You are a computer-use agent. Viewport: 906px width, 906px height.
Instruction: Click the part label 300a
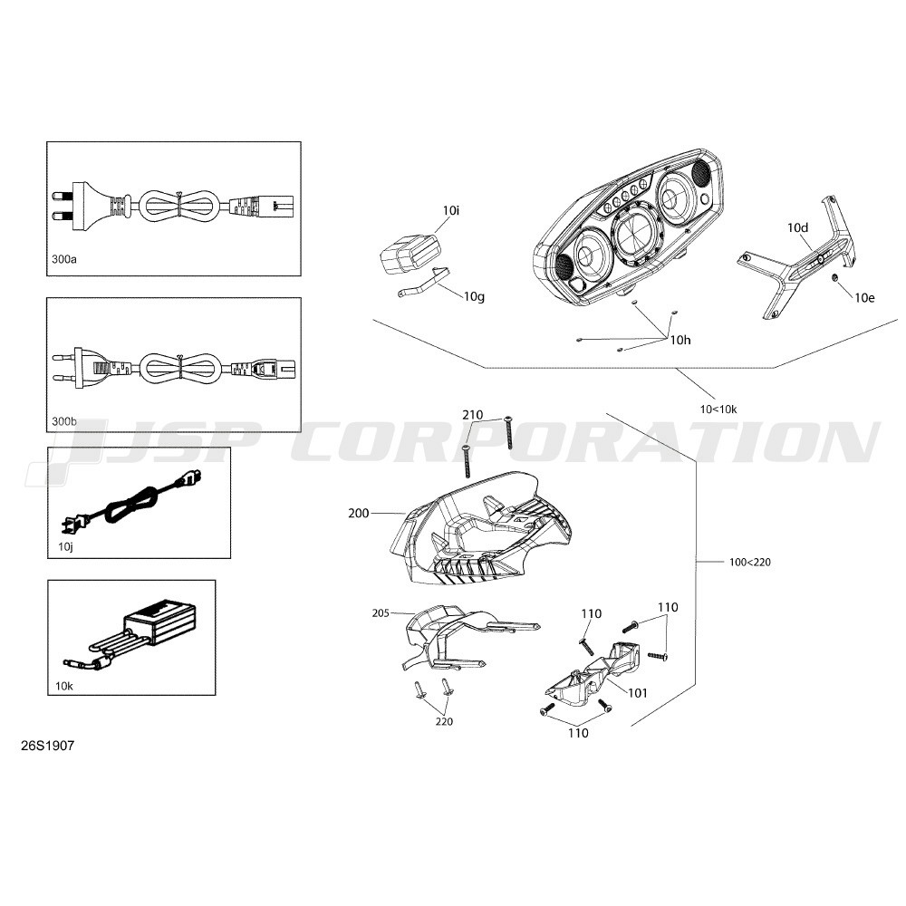pyautogui.click(x=63, y=259)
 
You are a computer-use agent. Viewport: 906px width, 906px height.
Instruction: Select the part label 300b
pyautogui.click(x=63, y=421)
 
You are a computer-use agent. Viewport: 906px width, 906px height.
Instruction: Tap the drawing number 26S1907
pyautogui.click(x=47, y=746)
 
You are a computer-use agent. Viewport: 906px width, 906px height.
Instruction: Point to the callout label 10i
pyautogui.click(x=450, y=210)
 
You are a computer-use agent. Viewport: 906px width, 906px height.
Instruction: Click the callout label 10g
pyautogui.click(x=474, y=296)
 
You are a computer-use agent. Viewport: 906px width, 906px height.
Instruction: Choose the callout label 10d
pyautogui.click(x=797, y=227)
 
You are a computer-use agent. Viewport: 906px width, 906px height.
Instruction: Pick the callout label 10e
pyautogui.click(x=864, y=297)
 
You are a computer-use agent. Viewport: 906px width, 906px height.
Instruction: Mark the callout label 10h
pyautogui.click(x=680, y=340)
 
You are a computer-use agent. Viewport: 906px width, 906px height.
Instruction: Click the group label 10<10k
pyautogui.click(x=718, y=410)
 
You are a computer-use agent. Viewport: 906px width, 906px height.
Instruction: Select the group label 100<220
pyautogui.click(x=750, y=562)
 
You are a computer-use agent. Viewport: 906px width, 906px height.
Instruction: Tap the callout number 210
pyautogui.click(x=473, y=414)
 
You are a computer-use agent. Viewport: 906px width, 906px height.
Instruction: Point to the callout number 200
pyautogui.click(x=358, y=513)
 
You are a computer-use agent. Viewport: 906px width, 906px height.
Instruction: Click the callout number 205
pyautogui.click(x=381, y=613)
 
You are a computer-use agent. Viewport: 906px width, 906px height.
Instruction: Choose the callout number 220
pyautogui.click(x=444, y=721)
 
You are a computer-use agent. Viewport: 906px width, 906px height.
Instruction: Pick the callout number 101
pyautogui.click(x=637, y=693)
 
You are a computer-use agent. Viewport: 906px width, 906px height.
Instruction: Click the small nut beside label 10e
pyautogui.click(x=835, y=278)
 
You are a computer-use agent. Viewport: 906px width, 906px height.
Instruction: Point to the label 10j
pyautogui.click(x=65, y=546)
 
